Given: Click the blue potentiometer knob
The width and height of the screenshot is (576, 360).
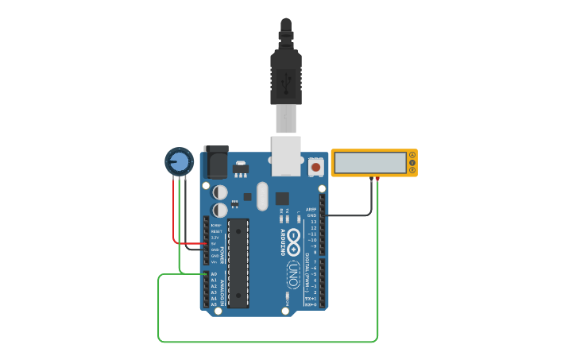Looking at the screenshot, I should (x=179, y=161).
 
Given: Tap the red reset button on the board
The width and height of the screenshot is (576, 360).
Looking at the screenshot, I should (x=315, y=167).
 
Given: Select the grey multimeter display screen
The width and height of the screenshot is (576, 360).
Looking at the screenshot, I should (x=369, y=163).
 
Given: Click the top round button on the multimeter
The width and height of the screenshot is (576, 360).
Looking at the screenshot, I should (x=412, y=155).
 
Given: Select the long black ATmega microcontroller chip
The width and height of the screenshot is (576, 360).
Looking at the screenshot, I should (x=238, y=263).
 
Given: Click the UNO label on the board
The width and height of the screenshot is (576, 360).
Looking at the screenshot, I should (x=292, y=274).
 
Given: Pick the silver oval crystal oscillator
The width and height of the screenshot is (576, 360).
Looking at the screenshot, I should (x=261, y=196).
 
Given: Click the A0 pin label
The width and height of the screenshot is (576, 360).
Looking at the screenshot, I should (x=214, y=274).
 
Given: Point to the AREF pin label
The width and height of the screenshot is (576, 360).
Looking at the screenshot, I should (x=311, y=209).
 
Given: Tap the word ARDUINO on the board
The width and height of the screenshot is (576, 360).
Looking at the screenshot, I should (x=282, y=242).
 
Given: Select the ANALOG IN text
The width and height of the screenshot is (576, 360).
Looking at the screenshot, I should (x=222, y=290).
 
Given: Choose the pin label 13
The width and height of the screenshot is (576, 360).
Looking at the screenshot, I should (x=313, y=222).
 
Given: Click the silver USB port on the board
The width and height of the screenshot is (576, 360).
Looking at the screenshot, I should (x=287, y=154).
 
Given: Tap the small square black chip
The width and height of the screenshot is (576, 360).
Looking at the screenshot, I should (x=282, y=199).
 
